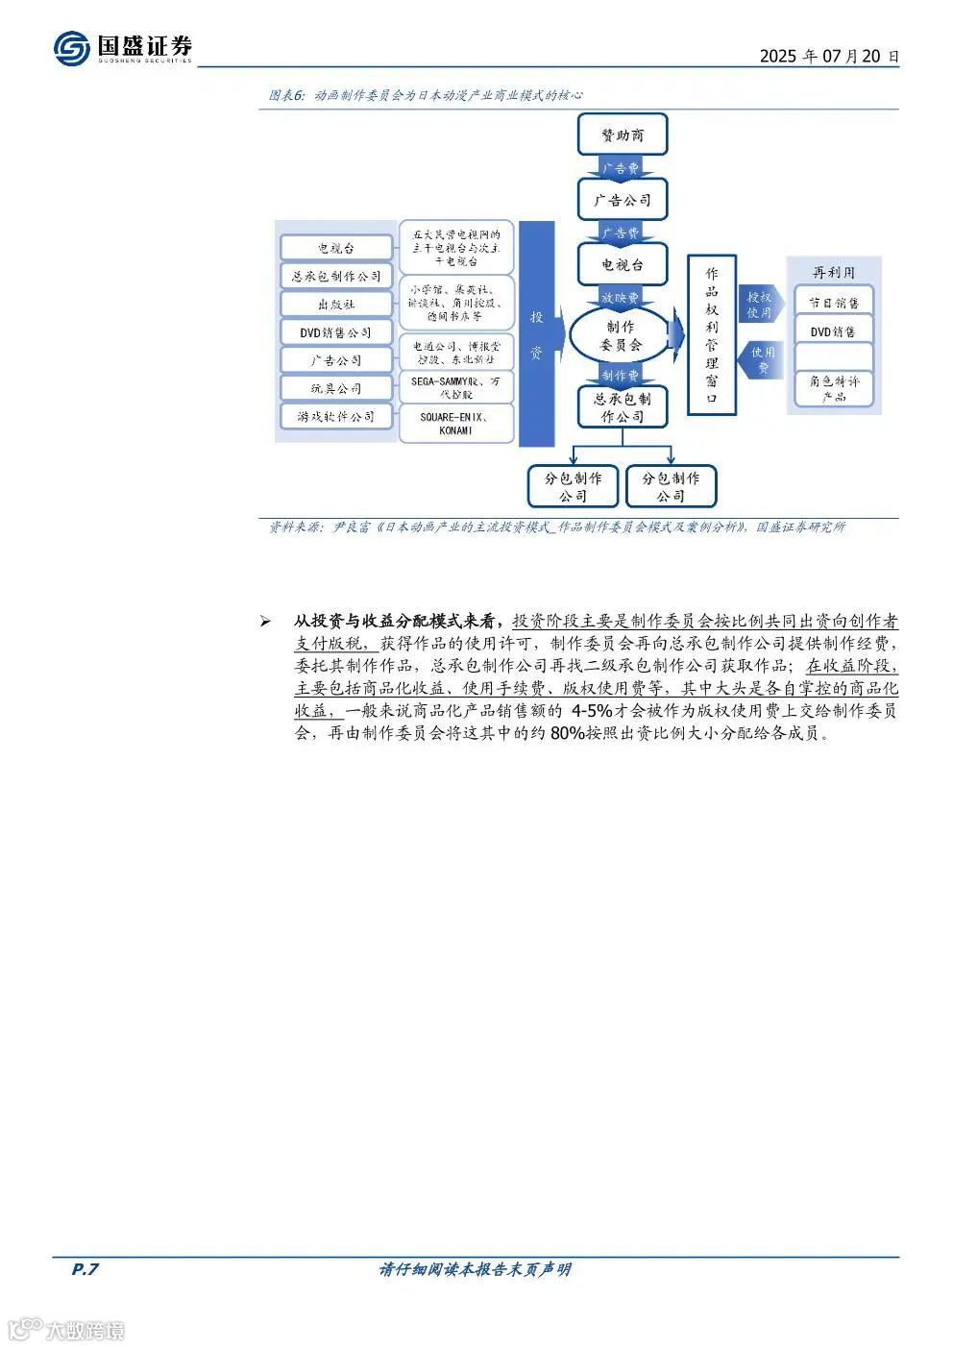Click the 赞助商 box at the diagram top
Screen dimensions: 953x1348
(623, 135)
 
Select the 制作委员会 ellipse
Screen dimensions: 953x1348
(621, 335)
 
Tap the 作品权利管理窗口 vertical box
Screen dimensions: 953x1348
(711, 334)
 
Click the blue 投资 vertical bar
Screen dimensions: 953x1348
(536, 333)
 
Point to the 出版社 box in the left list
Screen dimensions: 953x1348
(336, 305)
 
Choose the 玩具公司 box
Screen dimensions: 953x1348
(336, 388)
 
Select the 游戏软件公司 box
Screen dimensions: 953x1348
(336, 417)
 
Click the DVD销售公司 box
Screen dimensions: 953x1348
(336, 332)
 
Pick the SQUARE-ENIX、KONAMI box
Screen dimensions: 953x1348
(456, 424)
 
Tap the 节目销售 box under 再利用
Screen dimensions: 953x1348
(833, 303)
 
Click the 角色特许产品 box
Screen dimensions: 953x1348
(833, 388)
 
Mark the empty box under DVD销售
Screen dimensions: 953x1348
(833, 357)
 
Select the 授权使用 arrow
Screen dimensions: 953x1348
(759, 305)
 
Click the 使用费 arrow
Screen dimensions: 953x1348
(761, 359)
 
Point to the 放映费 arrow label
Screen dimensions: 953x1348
(621, 298)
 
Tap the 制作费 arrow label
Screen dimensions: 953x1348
(621, 376)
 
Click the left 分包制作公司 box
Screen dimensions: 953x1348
(573, 486)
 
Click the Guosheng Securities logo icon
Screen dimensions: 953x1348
(71, 47)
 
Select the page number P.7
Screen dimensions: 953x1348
(86, 1269)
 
